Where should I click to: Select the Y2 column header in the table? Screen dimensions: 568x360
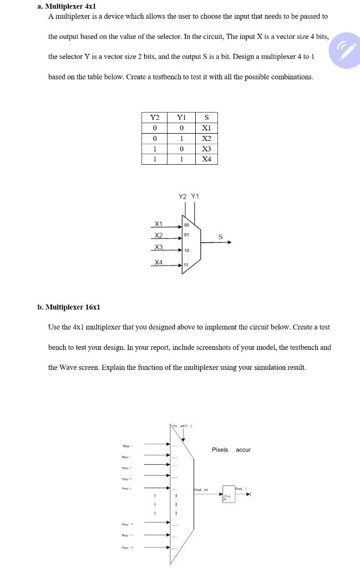tap(155, 118)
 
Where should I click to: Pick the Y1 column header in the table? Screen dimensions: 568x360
tap(180, 118)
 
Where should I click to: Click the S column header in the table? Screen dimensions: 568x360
tap(206, 118)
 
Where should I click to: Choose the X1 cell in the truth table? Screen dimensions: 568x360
tap(206, 128)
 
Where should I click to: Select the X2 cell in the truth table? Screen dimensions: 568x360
tap(206, 139)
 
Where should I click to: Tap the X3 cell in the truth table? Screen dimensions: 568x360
tap(206, 149)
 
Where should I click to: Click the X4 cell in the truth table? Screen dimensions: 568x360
tap(206, 160)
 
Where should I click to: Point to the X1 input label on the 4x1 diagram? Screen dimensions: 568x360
tap(158, 224)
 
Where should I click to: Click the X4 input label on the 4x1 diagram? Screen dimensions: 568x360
tap(158, 262)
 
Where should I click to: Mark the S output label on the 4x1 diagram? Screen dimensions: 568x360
tap(220, 237)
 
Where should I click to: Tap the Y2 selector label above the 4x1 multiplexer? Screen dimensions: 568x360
tap(182, 196)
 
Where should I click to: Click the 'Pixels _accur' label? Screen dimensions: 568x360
tap(231, 450)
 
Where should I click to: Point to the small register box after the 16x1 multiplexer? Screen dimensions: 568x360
tap(228, 494)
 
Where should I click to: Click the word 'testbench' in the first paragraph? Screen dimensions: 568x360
tap(172, 77)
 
